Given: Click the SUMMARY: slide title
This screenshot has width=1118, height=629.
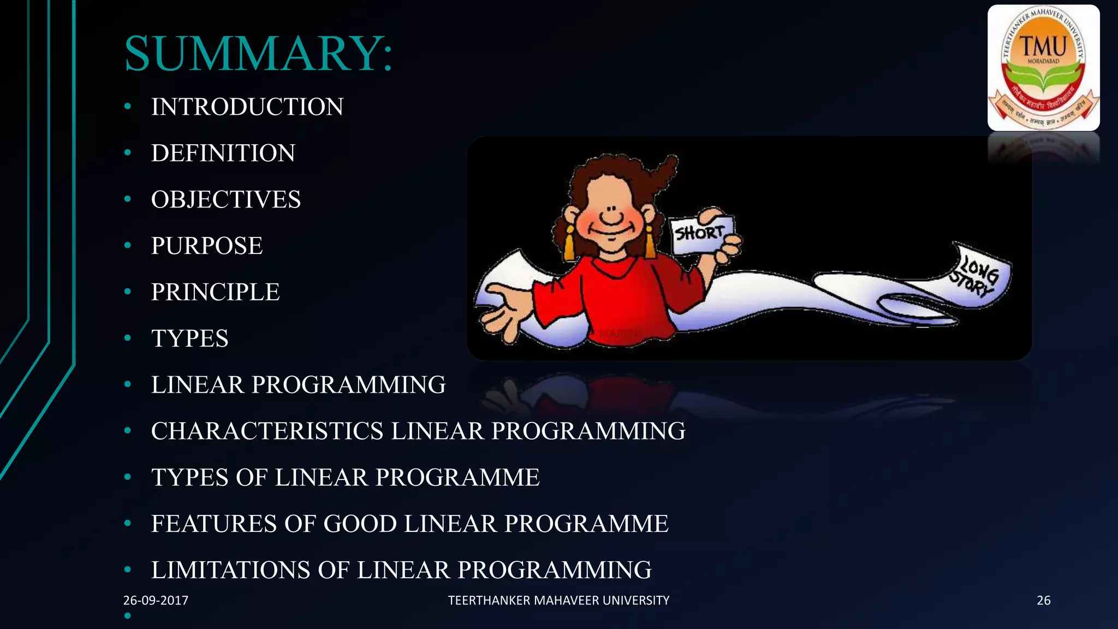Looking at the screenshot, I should (x=258, y=54).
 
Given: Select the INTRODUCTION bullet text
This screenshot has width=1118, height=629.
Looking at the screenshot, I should (x=247, y=106).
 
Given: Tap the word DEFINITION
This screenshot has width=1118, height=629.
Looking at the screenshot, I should (x=223, y=153).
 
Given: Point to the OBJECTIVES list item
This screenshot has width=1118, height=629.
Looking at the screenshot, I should (x=226, y=199).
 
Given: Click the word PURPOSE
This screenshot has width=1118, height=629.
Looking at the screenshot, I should (x=207, y=246).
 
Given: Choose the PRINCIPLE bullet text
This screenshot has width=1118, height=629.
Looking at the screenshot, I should (x=215, y=292).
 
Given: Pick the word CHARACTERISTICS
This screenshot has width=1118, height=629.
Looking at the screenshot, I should (x=267, y=431).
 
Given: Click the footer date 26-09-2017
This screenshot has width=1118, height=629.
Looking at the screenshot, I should (x=156, y=601).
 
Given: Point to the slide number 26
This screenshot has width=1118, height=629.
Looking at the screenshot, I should (x=1043, y=601).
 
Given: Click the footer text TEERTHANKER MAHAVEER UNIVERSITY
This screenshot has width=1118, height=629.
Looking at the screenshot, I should (x=558, y=601).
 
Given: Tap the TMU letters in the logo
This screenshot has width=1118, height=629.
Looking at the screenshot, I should (x=1043, y=46).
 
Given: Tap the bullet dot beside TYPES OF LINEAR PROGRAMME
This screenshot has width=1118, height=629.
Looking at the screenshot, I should (x=128, y=477).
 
